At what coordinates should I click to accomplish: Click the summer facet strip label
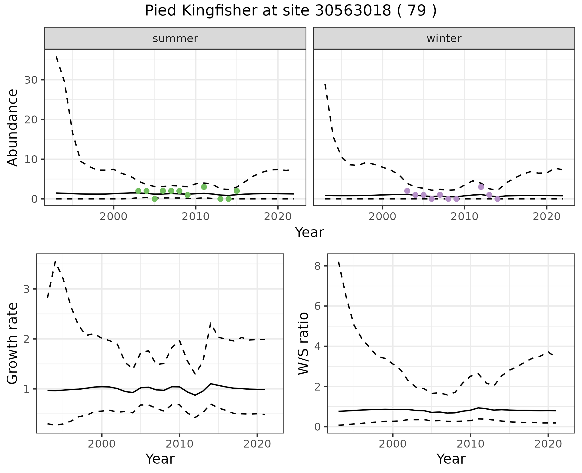(175, 39)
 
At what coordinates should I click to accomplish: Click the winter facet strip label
(444, 39)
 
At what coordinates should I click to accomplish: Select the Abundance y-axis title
(12, 127)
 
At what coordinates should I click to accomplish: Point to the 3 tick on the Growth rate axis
(27, 289)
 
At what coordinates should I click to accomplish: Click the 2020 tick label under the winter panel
(547, 217)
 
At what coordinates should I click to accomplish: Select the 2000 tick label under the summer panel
(114, 217)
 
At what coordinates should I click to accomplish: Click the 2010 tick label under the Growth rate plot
(179, 444)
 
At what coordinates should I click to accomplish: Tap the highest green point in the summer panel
(204, 187)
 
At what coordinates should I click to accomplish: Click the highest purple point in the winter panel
(481, 187)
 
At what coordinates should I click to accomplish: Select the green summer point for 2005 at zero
(155, 199)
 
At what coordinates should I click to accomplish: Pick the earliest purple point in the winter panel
(407, 191)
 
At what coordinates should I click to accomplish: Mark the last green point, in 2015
(237, 191)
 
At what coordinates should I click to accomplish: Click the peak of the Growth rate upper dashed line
(55, 261)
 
